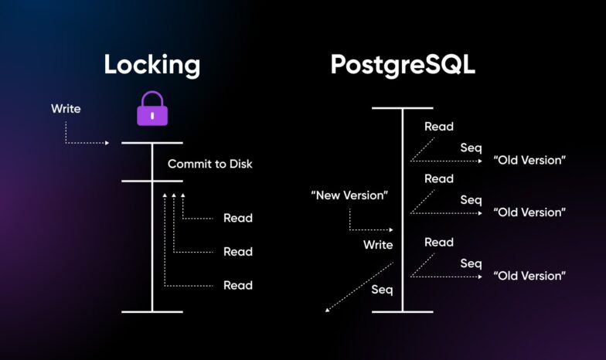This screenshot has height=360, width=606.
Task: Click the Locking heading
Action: click(152, 65)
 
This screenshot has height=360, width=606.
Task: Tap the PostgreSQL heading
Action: click(403, 65)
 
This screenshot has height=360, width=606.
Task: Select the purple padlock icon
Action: click(152, 109)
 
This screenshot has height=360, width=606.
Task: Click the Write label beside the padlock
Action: click(66, 109)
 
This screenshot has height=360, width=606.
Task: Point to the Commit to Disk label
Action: click(209, 164)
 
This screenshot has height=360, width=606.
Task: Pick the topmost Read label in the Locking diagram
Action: click(237, 218)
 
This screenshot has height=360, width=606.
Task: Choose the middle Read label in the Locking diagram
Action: click(237, 252)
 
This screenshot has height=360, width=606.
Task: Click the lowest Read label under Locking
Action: click(237, 285)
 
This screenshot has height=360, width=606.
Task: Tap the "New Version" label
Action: click(349, 195)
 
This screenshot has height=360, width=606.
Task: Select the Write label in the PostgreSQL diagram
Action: click(378, 245)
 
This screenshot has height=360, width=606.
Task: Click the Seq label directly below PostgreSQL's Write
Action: click(382, 290)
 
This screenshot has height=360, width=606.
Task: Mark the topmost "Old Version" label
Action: click(529, 161)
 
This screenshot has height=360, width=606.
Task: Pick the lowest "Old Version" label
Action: click(529, 276)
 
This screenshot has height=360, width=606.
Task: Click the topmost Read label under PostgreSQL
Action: click(439, 127)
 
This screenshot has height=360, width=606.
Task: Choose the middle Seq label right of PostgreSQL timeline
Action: click(471, 200)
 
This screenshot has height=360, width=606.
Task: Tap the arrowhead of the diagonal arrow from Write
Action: click(328, 310)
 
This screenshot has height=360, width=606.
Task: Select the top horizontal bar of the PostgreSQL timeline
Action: click(402, 109)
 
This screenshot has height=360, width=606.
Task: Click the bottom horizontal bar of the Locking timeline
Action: click(152, 312)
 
